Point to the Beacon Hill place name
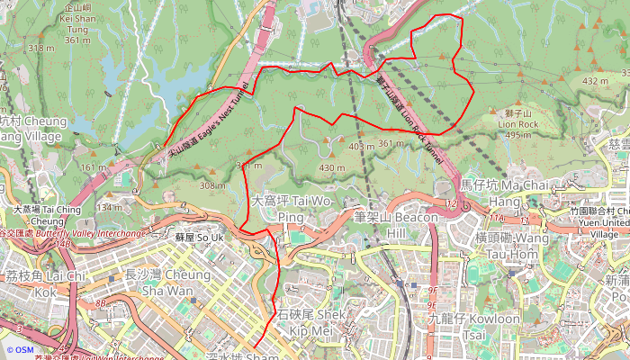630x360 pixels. [x=395, y=225]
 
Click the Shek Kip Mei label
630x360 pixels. [x=310, y=322]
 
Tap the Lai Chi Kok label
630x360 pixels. [x=45, y=283]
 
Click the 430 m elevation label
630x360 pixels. [x=332, y=168]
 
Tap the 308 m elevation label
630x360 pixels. [x=212, y=185]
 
